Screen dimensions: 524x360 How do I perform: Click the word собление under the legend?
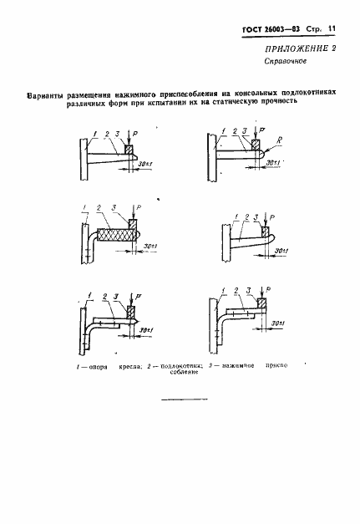[188, 374]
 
